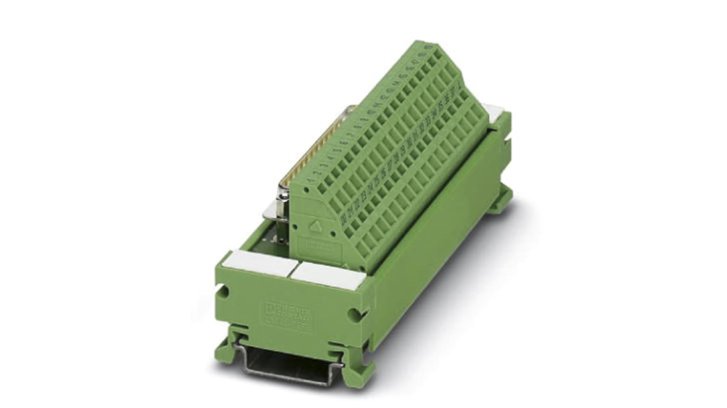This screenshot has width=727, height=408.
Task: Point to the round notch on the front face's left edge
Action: (223, 291)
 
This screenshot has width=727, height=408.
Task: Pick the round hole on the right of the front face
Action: (353, 313)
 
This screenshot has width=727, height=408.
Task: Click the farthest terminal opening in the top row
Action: (438, 51)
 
